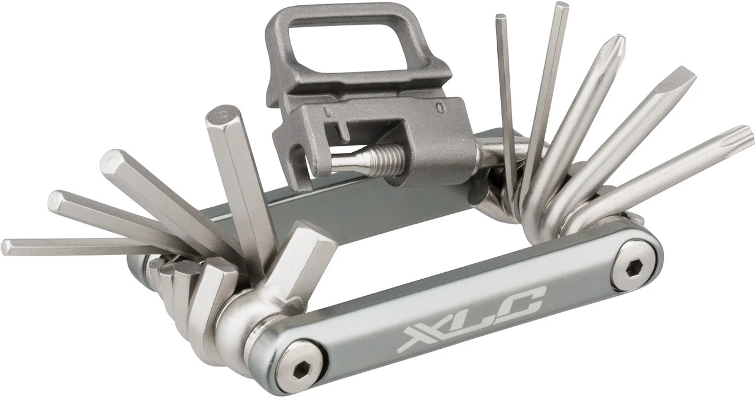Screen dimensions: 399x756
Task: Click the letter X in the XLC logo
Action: [419, 338]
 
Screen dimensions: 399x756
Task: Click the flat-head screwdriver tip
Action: [679, 80]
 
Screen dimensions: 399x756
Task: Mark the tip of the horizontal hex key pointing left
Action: [8, 247]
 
